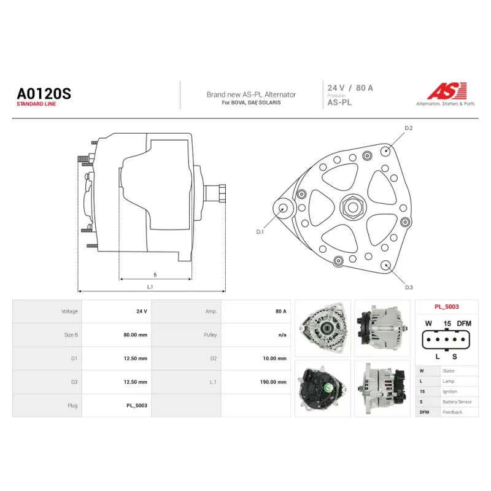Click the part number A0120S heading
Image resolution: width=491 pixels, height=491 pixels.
(44, 94)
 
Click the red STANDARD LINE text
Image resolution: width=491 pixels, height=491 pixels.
(36, 104)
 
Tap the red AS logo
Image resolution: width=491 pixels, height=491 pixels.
(447, 91)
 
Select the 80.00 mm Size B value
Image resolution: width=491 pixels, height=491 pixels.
(135, 334)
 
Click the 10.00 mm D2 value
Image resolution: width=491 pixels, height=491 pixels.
(274, 358)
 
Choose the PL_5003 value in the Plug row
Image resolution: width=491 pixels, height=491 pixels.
(137, 406)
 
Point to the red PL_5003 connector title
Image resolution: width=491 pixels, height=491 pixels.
(447, 307)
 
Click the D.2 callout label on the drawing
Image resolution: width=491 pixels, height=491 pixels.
(409, 128)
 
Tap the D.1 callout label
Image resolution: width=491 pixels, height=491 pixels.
(260, 232)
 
